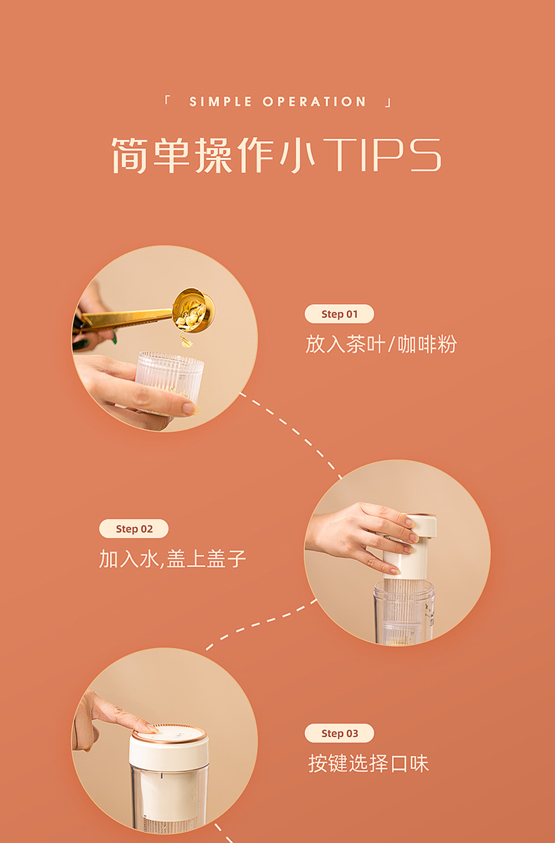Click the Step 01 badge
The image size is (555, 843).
click(339, 314)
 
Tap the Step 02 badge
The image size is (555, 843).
click(133, 528)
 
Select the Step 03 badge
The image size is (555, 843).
click(339, 733)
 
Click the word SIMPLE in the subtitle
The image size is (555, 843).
click(220, 102)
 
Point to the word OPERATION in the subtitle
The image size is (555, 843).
click(314, 102)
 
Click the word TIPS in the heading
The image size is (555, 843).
click(381, 155)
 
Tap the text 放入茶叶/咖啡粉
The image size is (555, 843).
click(381, 344)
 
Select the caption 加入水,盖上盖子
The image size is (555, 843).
click(172, 558)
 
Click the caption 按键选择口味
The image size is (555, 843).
click(368, 763)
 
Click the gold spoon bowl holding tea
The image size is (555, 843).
click(193, 310)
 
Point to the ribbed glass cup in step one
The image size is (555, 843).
click(170, 380)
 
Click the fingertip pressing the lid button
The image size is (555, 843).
click(150, 728)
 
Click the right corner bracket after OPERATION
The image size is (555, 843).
click(388, 103)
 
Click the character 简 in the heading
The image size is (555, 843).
click(129, 155)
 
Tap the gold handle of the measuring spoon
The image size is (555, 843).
click(125, 318)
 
